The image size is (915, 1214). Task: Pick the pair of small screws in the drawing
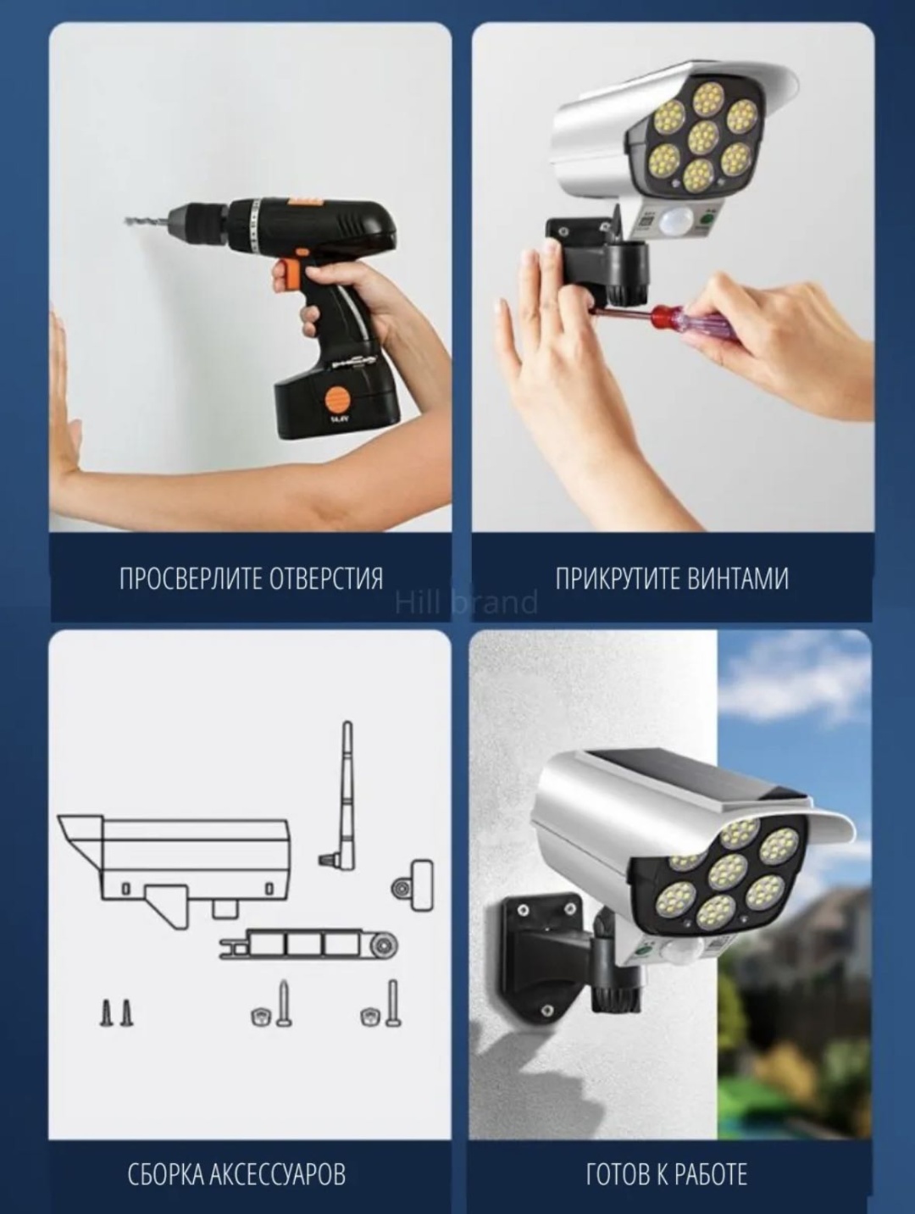point(117,1012)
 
